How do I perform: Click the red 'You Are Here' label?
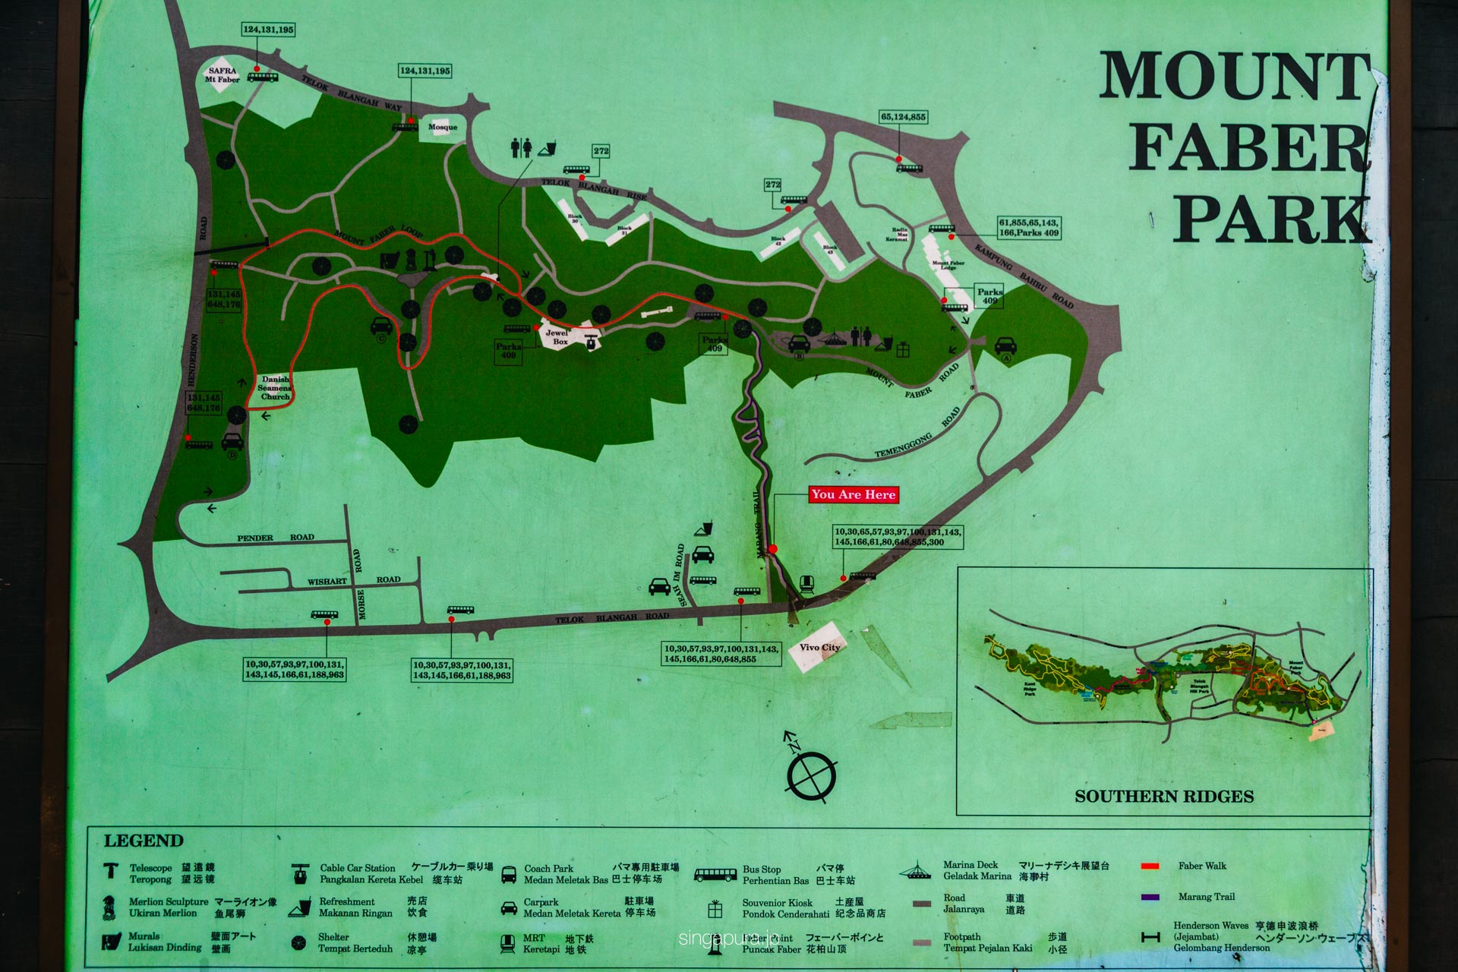(854, 494)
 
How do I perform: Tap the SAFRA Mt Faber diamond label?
(221, 74)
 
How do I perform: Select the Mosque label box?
(443, 127)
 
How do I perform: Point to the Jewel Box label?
(560, 337)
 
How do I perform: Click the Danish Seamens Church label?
(275, 388)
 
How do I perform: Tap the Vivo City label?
(819, 648)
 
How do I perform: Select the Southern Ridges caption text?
(1163, 797)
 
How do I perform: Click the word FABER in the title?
(1248, 148)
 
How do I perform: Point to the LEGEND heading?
(144, 841)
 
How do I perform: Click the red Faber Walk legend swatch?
(1150, 866)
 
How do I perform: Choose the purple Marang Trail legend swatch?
(1150, 897)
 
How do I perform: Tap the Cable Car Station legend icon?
(301, 874)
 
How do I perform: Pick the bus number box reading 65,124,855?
(903, 117)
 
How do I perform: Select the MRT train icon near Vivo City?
(806, 584)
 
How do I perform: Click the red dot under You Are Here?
(773, 549)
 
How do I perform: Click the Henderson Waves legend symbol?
(1150, 938)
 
